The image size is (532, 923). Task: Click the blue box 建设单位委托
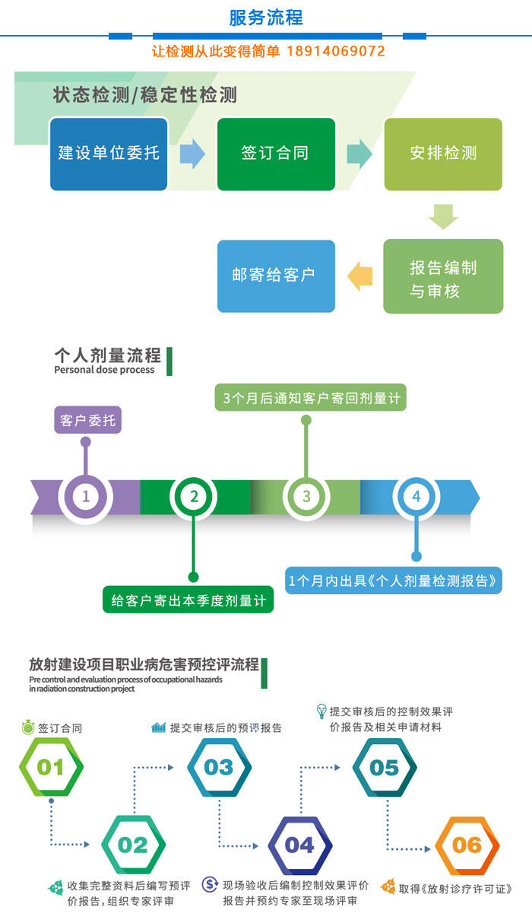[109, 154]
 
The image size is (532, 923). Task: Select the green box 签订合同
[276, 154]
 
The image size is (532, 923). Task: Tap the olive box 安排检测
[443, 154]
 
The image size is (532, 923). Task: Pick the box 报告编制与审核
[443, 276]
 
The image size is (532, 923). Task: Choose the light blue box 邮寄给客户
[276, 276]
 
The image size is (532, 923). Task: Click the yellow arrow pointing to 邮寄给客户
[360, 276]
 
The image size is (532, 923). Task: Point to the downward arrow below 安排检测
[443, 217]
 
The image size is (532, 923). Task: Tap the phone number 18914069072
[336, 51]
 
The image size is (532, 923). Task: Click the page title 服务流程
[266, 18]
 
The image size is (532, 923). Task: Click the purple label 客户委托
[87, 420]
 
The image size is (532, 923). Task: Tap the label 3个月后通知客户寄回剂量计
[311, 398]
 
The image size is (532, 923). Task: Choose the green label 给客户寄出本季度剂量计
[188, 600]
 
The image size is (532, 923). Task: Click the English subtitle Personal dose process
[104, 370]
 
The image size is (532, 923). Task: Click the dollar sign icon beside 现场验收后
[210, 884]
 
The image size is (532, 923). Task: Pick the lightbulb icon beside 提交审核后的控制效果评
[321, 711]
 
